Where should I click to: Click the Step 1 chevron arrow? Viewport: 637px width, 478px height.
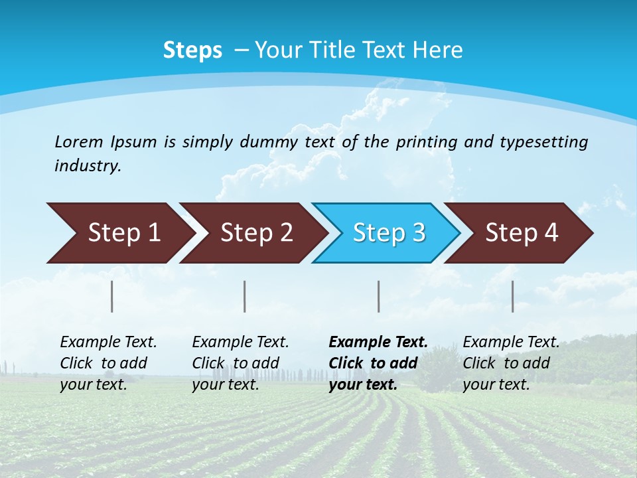[123, 233]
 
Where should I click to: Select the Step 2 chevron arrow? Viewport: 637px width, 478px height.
[255, 233]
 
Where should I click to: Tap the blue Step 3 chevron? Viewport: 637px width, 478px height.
[388, 233]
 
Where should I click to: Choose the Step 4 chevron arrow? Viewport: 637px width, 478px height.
[521, 233]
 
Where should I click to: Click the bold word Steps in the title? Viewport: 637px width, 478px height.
[192, 50]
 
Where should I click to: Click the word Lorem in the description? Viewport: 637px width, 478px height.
[78, 141]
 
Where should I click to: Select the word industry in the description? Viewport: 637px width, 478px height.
[88, 166]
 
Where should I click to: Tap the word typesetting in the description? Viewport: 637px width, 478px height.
[543, 141]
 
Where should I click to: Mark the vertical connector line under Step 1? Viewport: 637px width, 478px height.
[112, 296]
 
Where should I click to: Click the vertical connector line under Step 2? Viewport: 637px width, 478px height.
[245, 296]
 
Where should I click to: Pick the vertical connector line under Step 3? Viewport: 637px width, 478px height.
[379, 296]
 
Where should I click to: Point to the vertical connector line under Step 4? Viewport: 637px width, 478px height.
[513, 296]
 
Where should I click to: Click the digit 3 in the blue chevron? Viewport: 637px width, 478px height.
[419, 233]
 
